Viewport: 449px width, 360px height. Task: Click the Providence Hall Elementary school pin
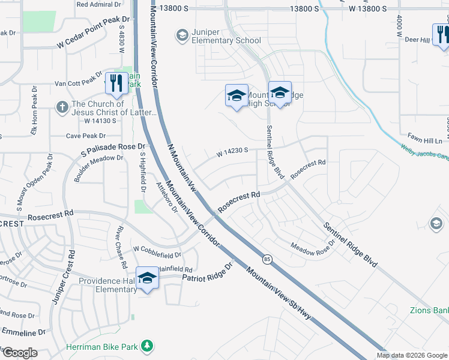click(147, 278)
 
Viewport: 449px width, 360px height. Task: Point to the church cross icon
click(61, 107)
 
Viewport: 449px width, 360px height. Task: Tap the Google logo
click(19, 353)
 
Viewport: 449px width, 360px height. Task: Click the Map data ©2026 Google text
click(412, 355)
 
